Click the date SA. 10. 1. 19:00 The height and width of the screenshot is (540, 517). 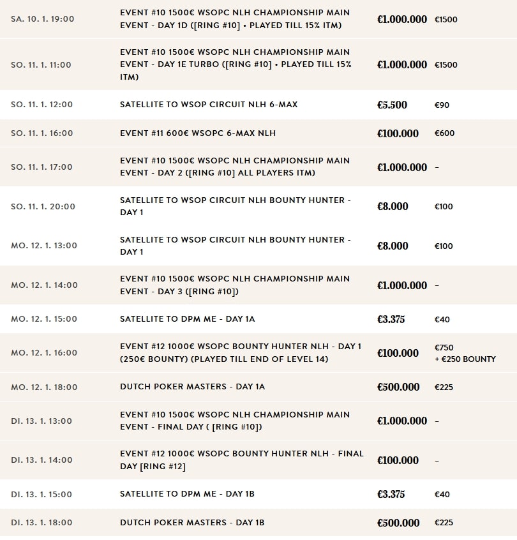pyautogui.click(x=42, y=19)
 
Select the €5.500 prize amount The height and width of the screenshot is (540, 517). pyautogui.click(x=392, y=105)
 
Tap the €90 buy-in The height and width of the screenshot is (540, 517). pyautogui.click(x=442, y=105)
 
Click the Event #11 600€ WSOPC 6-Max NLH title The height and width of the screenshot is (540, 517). pyautogui.click(x=198, y=133)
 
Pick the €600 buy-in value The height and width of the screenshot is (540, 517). pyautogui.click(x=444, y=133)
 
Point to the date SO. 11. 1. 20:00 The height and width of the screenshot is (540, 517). pyautogui.click(x=43, y=207)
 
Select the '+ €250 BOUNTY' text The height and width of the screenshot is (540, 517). pyautogui.click(x=465, y=359)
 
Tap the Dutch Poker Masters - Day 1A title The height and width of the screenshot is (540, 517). pyautogui.click(x=192, y=387)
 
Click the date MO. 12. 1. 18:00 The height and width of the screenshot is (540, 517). pyautogui.click(x=44, y=387)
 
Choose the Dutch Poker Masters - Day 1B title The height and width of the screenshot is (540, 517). pyautogui.click(x=192, y=523)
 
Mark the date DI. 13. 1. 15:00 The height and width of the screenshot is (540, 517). pyautogui.click(x=41, y=495)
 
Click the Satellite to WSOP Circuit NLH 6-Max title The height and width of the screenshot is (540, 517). pyautogui.click(x=209, y=105)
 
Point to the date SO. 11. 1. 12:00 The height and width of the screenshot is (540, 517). pyautogui.click(x=42, y=105)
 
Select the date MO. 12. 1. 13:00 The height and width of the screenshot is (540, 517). pyautogui.click(x=44, y=246)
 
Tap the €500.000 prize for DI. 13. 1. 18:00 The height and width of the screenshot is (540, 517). pyautogui.click(x=398, y=523)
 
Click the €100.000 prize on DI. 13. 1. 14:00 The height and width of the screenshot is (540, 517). pyautogui.click(x=398, y=460)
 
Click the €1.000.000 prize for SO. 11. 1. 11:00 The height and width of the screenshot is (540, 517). pyautogui.click(x=402, y=64)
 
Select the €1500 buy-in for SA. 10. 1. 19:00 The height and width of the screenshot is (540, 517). pyautogui.click(x=446, y=19)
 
